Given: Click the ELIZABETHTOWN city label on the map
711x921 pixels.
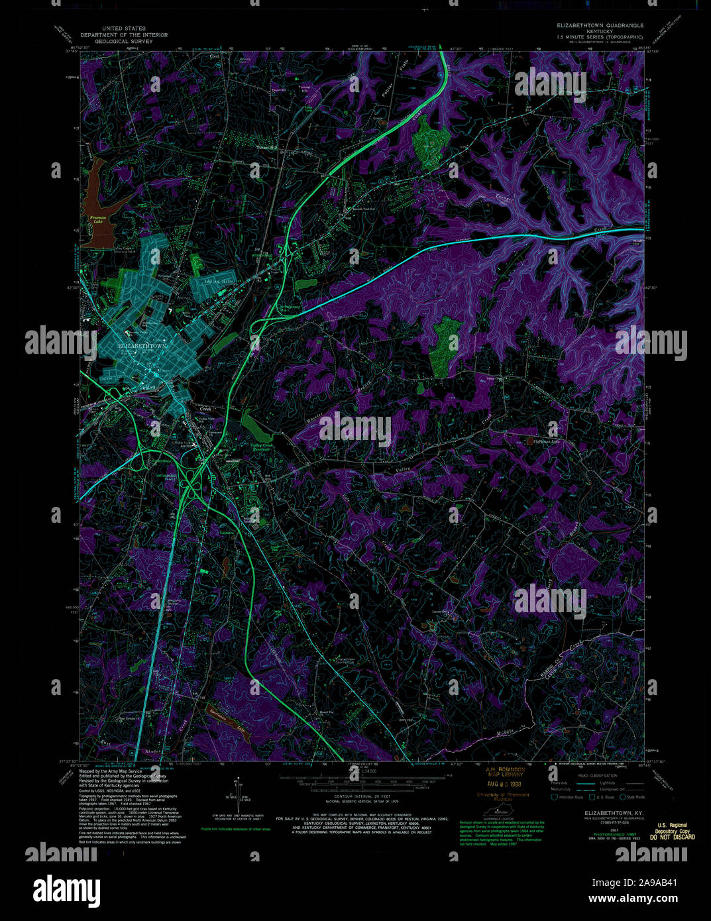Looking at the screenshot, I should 142,347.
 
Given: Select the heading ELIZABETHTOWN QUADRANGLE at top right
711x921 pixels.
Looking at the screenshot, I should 600,25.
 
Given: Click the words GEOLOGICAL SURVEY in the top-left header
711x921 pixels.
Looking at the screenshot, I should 124,42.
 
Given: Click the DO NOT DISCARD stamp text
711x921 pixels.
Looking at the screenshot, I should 673,837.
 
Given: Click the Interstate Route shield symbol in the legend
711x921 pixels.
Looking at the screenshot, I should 555,797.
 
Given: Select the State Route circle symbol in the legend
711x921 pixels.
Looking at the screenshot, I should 626,797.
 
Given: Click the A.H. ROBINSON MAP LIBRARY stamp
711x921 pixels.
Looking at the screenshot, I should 504,772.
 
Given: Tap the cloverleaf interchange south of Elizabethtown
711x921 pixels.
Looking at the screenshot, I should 193,489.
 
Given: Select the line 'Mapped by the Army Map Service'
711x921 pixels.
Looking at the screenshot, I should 111,771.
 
